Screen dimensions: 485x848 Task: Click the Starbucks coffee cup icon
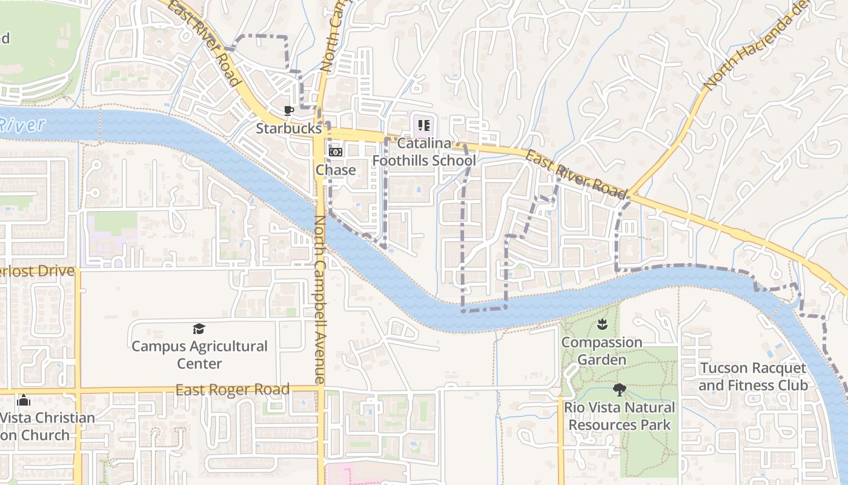point(289,110)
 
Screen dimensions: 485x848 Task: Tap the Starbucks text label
point(288,129)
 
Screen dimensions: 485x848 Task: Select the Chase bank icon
point(336,152)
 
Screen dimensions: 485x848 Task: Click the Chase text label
point(336,170)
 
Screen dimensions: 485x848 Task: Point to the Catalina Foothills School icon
point(423,125)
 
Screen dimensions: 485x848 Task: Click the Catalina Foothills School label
point(424,152)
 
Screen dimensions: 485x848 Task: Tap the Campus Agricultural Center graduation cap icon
point(199,329)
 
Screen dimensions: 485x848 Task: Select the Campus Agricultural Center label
point(199,355)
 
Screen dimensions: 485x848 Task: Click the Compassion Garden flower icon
point(601,325)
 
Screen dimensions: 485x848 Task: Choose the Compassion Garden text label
point(601,351)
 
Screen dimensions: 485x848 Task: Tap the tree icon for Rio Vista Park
point(619,389)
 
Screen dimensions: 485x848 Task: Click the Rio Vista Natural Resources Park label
point(619,416)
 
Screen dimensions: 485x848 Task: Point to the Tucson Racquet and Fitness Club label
point(753,376)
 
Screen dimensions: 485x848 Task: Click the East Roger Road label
point(232,390)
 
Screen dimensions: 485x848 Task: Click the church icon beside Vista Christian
point(24,400)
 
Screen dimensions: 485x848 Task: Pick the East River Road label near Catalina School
point(575,175)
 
